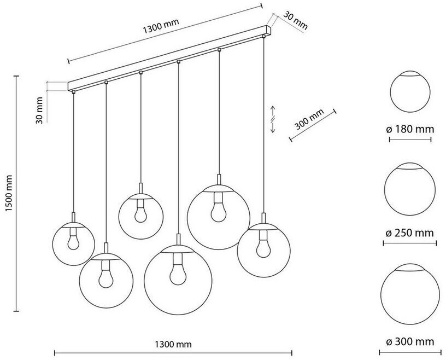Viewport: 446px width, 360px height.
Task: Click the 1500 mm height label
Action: click(9, 193)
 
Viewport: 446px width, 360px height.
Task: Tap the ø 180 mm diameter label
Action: click(410, 129)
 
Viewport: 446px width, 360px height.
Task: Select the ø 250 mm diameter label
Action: click(409, 233)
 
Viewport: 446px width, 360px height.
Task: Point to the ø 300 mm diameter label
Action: click(410, 341)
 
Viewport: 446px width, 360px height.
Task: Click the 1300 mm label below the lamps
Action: click(173, 344)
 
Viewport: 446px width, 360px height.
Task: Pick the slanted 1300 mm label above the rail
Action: click(161, 26)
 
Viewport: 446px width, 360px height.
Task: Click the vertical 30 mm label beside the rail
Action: click(39, 110)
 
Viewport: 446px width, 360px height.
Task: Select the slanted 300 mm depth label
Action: click(309, 119)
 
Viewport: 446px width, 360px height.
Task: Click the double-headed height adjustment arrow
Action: click(273, 119)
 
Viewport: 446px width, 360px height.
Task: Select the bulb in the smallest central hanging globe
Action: click(140, 211)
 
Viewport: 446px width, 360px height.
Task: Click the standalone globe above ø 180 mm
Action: click(410, 91)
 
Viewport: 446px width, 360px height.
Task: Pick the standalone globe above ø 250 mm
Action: click(409, 189)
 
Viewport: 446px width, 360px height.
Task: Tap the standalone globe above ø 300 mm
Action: click(410, 294)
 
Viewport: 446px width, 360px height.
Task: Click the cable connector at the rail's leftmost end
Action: click(74, 92)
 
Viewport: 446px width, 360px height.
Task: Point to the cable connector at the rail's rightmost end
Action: click(263, 36)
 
